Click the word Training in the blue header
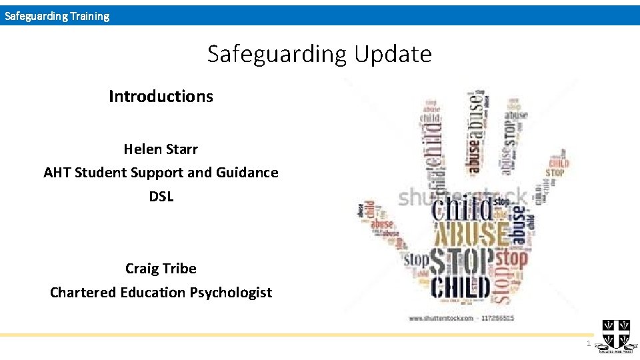point(87,16)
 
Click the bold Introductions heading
point(161,97)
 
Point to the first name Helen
point(143,149)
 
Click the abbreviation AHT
point(57,173)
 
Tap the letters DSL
point(161,197)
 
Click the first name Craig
point(141,269)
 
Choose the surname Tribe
point(179,269)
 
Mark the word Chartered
point(83,293)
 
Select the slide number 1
point(588,343)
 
